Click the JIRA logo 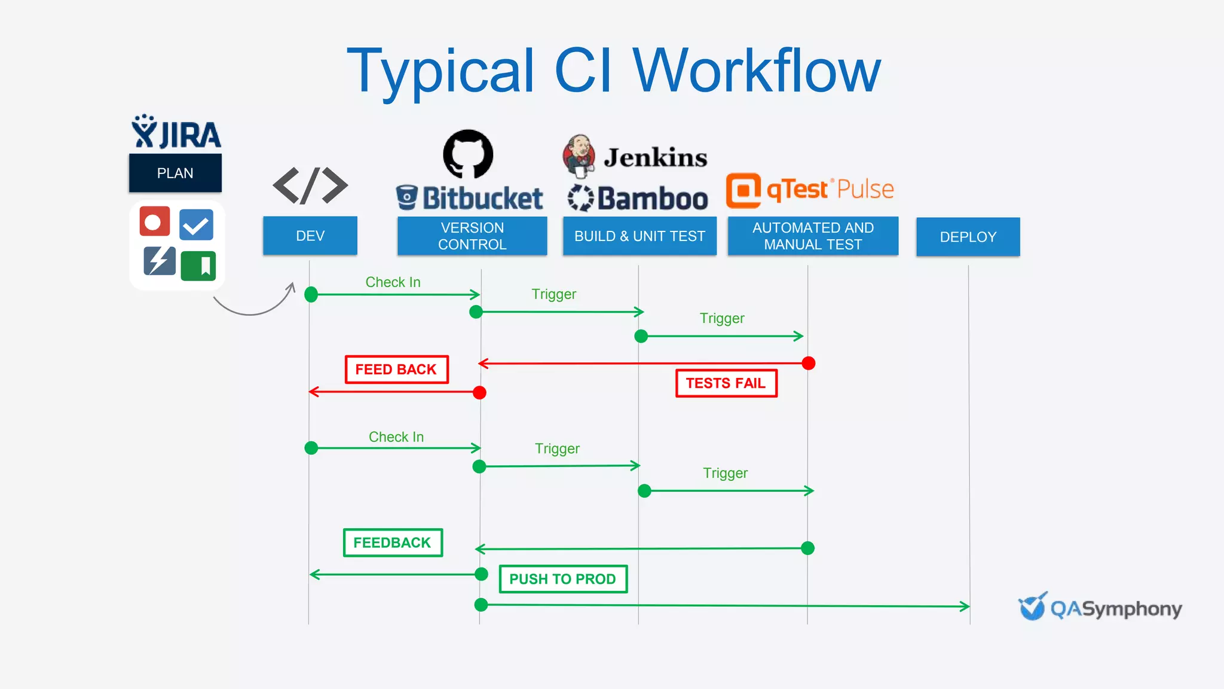pos(176,133)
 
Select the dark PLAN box pos(175,173)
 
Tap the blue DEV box pos(310,236)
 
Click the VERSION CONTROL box pos(472,236)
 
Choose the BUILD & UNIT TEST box pos(639,236)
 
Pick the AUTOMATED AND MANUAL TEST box pos(813,236)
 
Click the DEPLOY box pos(968,237)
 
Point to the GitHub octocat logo pos(468,154)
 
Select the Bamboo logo pos(638,199)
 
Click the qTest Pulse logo pos(810,190)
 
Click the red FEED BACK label pos(396,369)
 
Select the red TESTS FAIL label pos(726,383)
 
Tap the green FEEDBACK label pos(393,542)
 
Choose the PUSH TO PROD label pos(562,578)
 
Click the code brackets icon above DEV pos(310,185)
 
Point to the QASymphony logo pos(1100,608)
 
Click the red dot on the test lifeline pos(808,363)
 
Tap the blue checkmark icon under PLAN pos(196,225)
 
